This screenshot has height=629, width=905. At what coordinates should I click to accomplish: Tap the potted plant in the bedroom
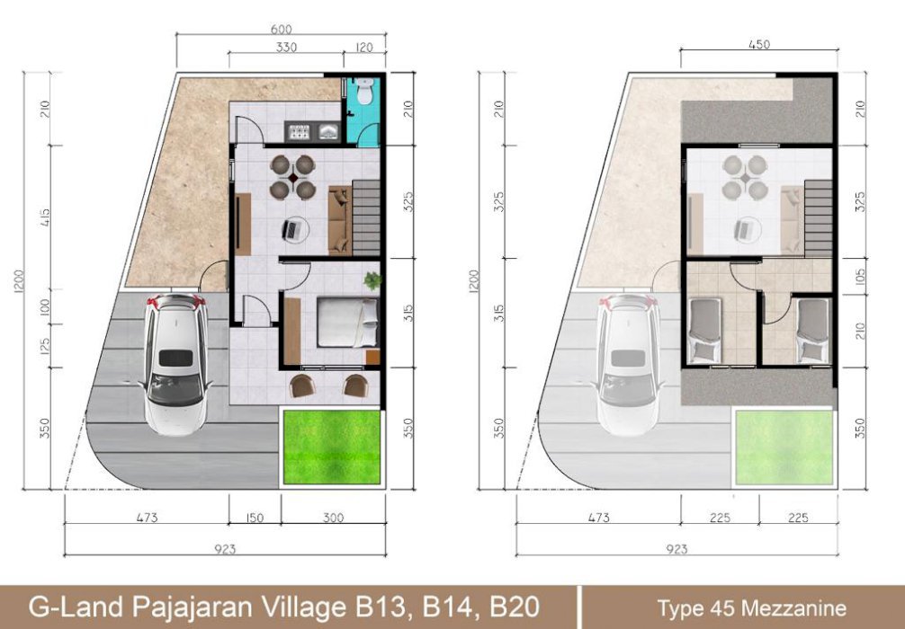coord(372,280)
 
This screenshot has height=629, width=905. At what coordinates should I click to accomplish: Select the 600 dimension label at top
coord(281,30)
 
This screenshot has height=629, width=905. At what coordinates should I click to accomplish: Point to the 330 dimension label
coord(286,48)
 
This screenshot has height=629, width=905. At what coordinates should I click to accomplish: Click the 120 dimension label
coord(363,48)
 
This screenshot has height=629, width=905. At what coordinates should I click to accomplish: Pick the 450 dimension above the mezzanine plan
coord(758,44)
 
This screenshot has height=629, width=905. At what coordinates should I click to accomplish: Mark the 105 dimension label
coord(860,277)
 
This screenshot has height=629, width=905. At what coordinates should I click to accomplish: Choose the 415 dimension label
coord(46,217)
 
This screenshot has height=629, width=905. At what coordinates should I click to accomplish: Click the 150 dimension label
coord(254,518)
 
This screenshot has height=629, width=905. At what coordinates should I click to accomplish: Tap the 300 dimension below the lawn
coord(333,518)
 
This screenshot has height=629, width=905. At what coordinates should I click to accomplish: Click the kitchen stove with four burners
coord(299,132)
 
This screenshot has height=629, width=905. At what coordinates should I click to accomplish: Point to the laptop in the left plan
coord(291,230)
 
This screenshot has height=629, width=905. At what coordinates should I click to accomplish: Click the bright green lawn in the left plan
coord(332,447)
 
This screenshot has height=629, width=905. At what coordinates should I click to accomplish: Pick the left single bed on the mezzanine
coord(705,330)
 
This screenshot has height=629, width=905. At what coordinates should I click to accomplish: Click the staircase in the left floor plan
coord(366,217)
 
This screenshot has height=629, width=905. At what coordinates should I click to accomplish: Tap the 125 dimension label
coord(46,346)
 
